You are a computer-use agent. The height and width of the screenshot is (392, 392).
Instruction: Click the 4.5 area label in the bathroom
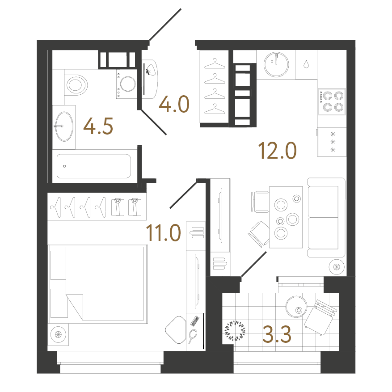tap(98, 126)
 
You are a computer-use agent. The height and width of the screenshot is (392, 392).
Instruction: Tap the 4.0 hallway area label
tap(174, 104)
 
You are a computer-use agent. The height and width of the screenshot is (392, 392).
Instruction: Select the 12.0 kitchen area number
tap(277, 151)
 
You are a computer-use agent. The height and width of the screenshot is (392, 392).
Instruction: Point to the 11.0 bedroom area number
tap(163, 233)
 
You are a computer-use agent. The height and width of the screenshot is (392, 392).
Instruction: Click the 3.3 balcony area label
tap(277, 334)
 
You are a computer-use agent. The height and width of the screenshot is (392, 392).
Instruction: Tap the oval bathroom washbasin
tap(64, 126)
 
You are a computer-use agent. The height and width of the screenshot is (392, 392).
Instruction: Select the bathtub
tap(94, 166)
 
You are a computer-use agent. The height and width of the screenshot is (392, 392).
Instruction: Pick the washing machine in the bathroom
tap(127, 84)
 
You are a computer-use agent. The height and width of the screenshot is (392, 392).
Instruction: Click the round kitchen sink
tap(276, 64)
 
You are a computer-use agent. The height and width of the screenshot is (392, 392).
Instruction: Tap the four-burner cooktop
tap(332, 101)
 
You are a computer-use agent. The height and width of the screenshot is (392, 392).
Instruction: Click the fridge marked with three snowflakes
tap(332, 142)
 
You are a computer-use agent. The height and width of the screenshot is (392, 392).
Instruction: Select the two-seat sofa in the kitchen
tap(326, 218)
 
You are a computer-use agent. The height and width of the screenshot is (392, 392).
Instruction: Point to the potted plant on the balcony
tap(235, 331)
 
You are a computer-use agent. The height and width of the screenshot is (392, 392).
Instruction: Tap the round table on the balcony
tap(296, 307)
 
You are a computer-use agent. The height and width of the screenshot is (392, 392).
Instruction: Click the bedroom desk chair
tap(176, 329)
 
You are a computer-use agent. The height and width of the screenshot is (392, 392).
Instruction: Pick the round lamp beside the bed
tap(58, 334)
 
